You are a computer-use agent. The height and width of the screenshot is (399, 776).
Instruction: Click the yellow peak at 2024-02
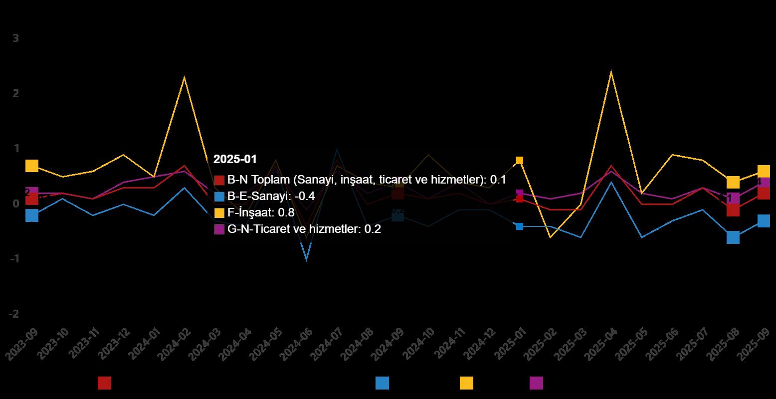pos(184,77)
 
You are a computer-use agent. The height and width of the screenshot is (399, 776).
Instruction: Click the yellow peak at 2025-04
pos(611,72)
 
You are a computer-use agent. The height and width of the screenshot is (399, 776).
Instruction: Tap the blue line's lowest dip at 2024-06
pos(306,259)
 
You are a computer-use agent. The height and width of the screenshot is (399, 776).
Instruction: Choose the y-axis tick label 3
pos(15,38)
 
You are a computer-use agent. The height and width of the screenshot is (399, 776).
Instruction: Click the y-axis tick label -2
pos(13,314)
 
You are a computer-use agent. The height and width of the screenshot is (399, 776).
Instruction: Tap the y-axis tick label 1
pos(15,149)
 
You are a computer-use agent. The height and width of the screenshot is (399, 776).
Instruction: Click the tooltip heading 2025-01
pos(235,159)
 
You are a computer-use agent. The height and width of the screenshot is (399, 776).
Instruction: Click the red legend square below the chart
pos(105,383)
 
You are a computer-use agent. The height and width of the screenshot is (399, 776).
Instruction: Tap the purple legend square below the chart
pos(536,383)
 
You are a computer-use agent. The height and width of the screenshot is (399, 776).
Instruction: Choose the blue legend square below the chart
pos(382,383)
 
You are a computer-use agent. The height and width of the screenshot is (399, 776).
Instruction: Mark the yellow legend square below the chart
pos(466,383)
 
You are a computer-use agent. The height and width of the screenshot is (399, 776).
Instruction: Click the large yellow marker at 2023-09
pos(32,166)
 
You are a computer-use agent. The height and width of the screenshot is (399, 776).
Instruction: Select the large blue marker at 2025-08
pos(733,237)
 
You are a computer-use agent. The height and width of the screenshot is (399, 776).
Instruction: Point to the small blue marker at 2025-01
pos(520,226)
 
